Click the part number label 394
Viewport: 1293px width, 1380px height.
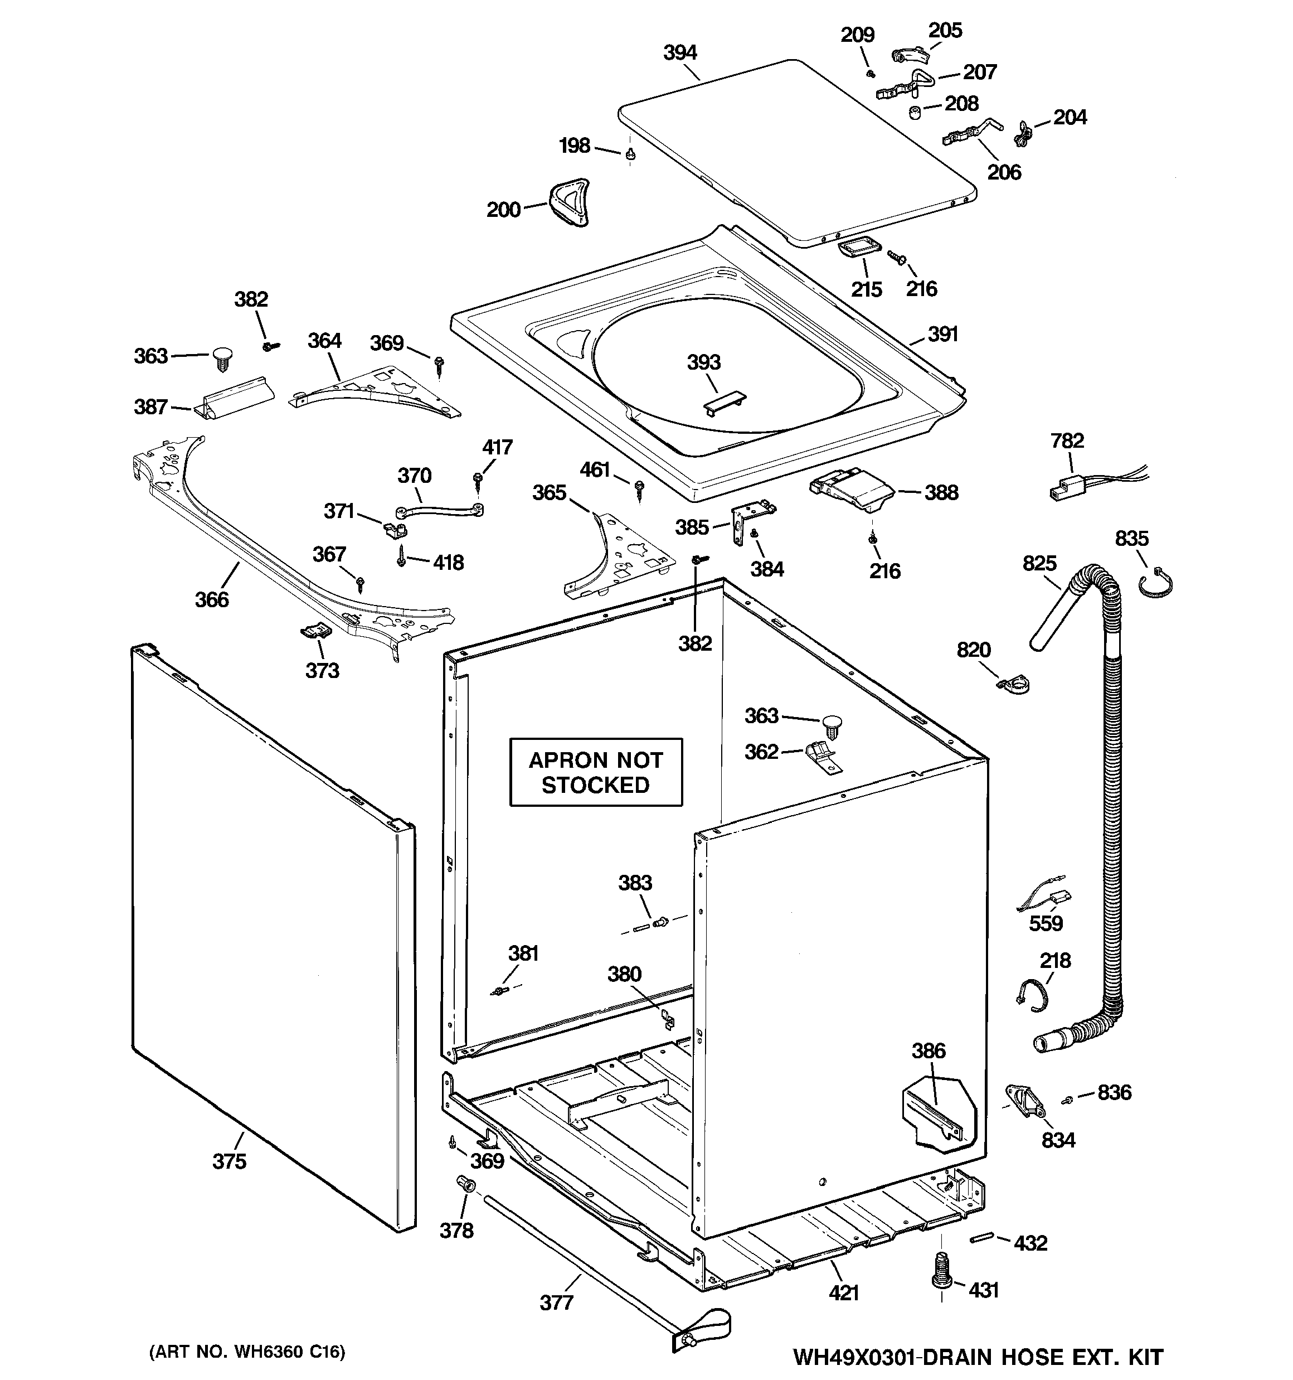click(x=679, y=53)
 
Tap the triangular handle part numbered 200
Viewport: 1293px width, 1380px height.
click(x=570, y=201)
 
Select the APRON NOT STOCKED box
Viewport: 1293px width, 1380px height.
click(x=595, y=772)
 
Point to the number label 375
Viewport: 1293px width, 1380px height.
click(x=229, y=1161)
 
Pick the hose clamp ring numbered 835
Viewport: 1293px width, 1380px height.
click(x=1155, y=583)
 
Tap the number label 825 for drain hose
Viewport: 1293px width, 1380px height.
click(x=1039, y=563)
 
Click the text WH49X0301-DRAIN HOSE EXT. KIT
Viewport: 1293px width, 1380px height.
click(x=977, y=1357)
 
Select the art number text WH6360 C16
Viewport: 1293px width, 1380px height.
click(x=247, y=1352)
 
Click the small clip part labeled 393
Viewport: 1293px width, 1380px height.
click(x=724, y=404)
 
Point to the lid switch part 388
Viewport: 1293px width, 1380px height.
click(x=852, y=490)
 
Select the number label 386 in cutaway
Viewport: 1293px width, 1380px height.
click(x=928, y=1051)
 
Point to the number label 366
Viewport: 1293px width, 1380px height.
click(x=212, y=600)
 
